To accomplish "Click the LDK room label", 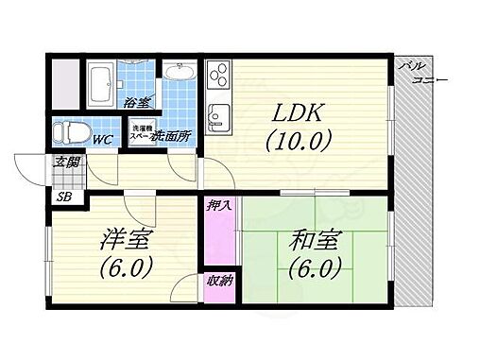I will [299, 113].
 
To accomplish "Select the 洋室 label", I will [125, 240].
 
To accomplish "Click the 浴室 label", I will [137, 102].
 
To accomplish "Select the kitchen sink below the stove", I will [217, 116].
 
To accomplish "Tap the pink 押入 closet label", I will [215, 205].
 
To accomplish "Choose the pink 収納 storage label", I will [215, 281].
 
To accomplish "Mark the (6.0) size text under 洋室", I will [125, 268].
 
